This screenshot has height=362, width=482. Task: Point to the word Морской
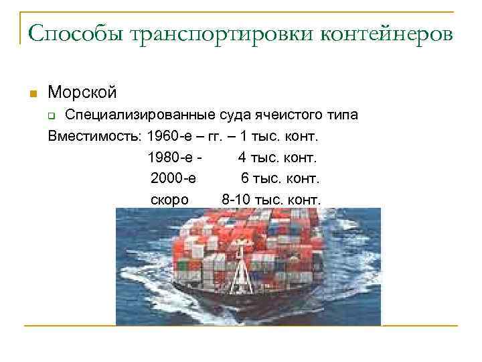(82, 91)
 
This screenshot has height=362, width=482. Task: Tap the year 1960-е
(171, 137)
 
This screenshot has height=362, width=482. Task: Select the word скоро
(170, 199)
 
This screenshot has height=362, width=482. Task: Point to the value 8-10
(236, 199)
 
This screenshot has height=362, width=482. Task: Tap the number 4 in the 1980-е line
(241, 158)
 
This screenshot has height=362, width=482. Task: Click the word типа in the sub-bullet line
(342, 115)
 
